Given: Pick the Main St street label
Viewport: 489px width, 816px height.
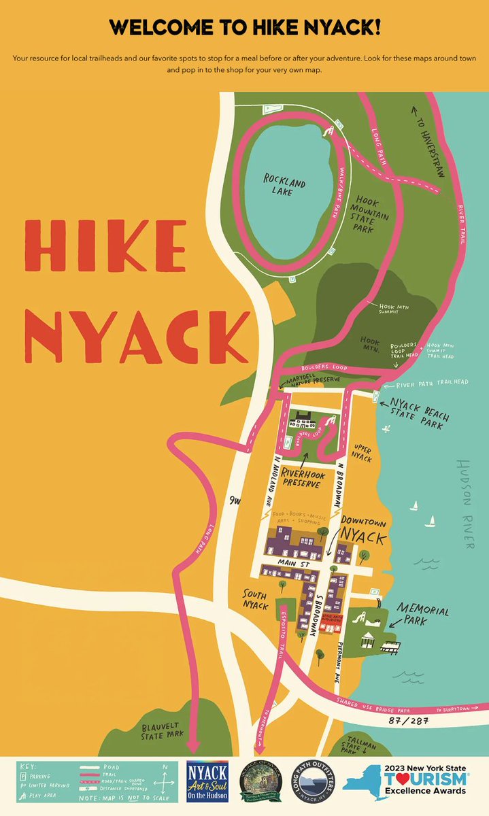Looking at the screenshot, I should tap(294, 562).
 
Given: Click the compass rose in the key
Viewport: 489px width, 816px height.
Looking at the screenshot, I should tap(164, 775).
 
